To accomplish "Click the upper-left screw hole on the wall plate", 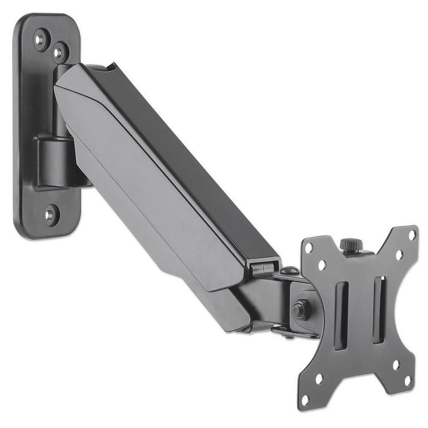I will tap(41, 39).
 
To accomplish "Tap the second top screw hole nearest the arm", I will tap(60, 52).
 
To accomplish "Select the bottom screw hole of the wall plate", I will tap(50, 214).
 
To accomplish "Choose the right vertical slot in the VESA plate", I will tap(379, 309).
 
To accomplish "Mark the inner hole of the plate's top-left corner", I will tap(322, 265).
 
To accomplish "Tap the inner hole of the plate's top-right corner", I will tap(399, 254).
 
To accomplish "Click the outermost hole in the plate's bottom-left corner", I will tap(306, 399).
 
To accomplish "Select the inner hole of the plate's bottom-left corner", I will tap(320, 379).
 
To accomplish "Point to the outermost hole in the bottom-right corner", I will tap(408, 380).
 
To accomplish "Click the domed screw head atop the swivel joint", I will tap(289, 269).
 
